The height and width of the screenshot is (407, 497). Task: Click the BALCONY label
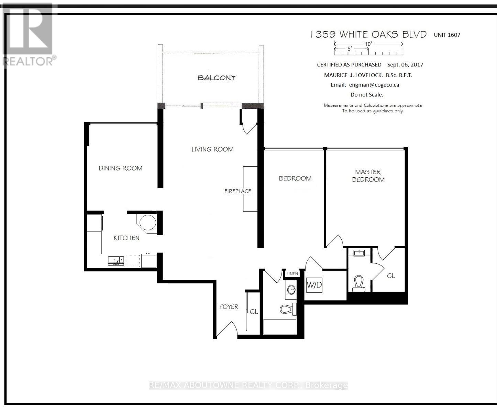(217, 78)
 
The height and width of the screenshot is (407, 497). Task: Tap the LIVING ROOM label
(212, 149)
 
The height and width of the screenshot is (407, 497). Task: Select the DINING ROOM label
(120, 168)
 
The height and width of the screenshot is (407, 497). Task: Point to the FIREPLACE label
(238, 191)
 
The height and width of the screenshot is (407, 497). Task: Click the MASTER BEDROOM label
(368, 176)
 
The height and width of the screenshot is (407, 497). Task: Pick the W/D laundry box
(314, 285)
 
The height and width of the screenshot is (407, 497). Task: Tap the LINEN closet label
(292, 274)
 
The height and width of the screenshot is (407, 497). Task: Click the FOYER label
(229, 307)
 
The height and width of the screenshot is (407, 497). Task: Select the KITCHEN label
(126, 238)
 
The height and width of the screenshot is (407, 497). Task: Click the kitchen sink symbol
(116, 261)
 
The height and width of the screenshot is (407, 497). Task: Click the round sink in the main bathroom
(291, 290)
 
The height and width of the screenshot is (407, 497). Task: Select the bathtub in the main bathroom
(280, 327)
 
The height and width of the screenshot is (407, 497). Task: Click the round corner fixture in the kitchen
(148, 222)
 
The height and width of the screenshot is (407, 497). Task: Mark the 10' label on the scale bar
(368, 44)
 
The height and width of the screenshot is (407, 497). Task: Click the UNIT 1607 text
(447, 35)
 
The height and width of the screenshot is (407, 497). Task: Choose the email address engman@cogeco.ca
(374, 85)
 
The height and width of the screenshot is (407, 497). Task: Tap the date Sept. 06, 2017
(405, 65)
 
